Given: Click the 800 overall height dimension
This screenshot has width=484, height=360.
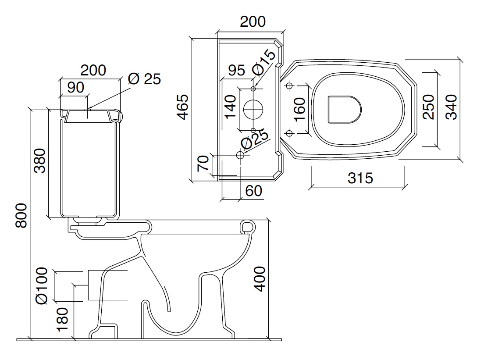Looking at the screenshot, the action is [21, 215].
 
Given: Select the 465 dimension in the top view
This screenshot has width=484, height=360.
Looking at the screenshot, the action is [182, 107].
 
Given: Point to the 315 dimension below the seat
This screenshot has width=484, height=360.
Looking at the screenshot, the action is [360, 178].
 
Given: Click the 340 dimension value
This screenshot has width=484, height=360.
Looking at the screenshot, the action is [451, 107].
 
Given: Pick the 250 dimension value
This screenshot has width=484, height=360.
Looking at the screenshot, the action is [428, 107].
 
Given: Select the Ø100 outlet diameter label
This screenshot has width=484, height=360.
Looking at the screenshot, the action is [42, 285].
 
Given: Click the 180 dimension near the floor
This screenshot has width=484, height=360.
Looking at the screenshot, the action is [63, 319].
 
